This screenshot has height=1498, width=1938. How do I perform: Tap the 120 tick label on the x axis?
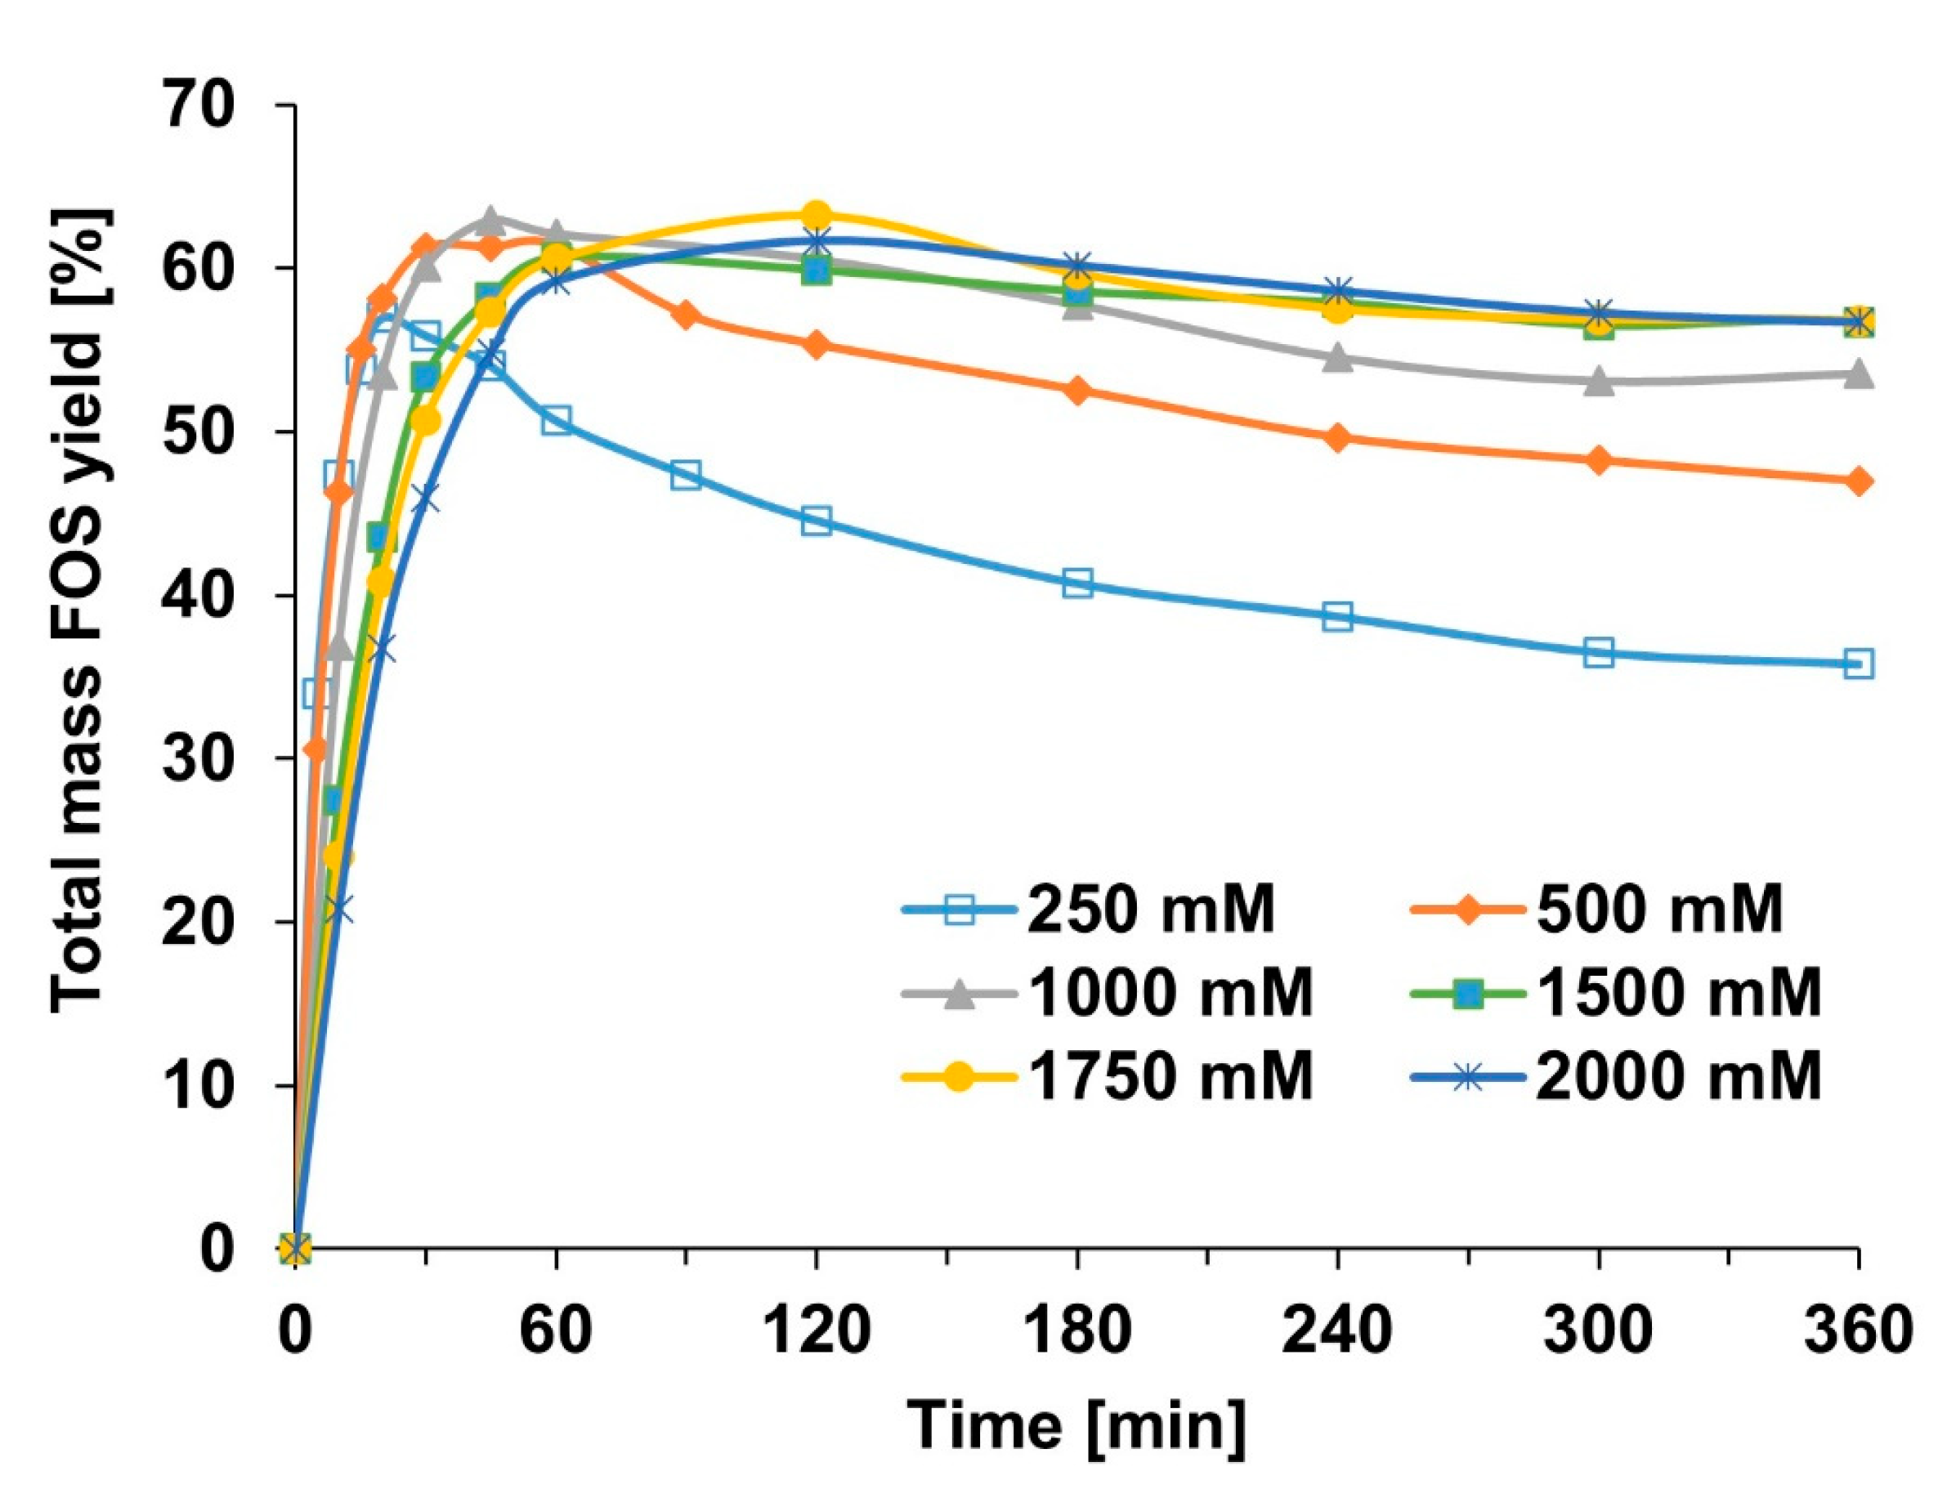click(816, 1331)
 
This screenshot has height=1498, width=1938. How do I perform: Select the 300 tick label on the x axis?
click(1598, 1331)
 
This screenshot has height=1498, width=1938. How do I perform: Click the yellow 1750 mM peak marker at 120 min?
click(817, 215)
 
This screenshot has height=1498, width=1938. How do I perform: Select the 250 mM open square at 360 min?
click(1858, 664)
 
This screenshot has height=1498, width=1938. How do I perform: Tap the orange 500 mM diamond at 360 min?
click(1858, 482)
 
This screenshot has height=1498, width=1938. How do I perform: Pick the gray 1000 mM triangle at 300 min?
click(1598, 382)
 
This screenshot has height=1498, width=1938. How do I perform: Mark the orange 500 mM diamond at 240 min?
click(1338, 437)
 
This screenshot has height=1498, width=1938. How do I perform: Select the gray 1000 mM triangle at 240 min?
click(1338, 359)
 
